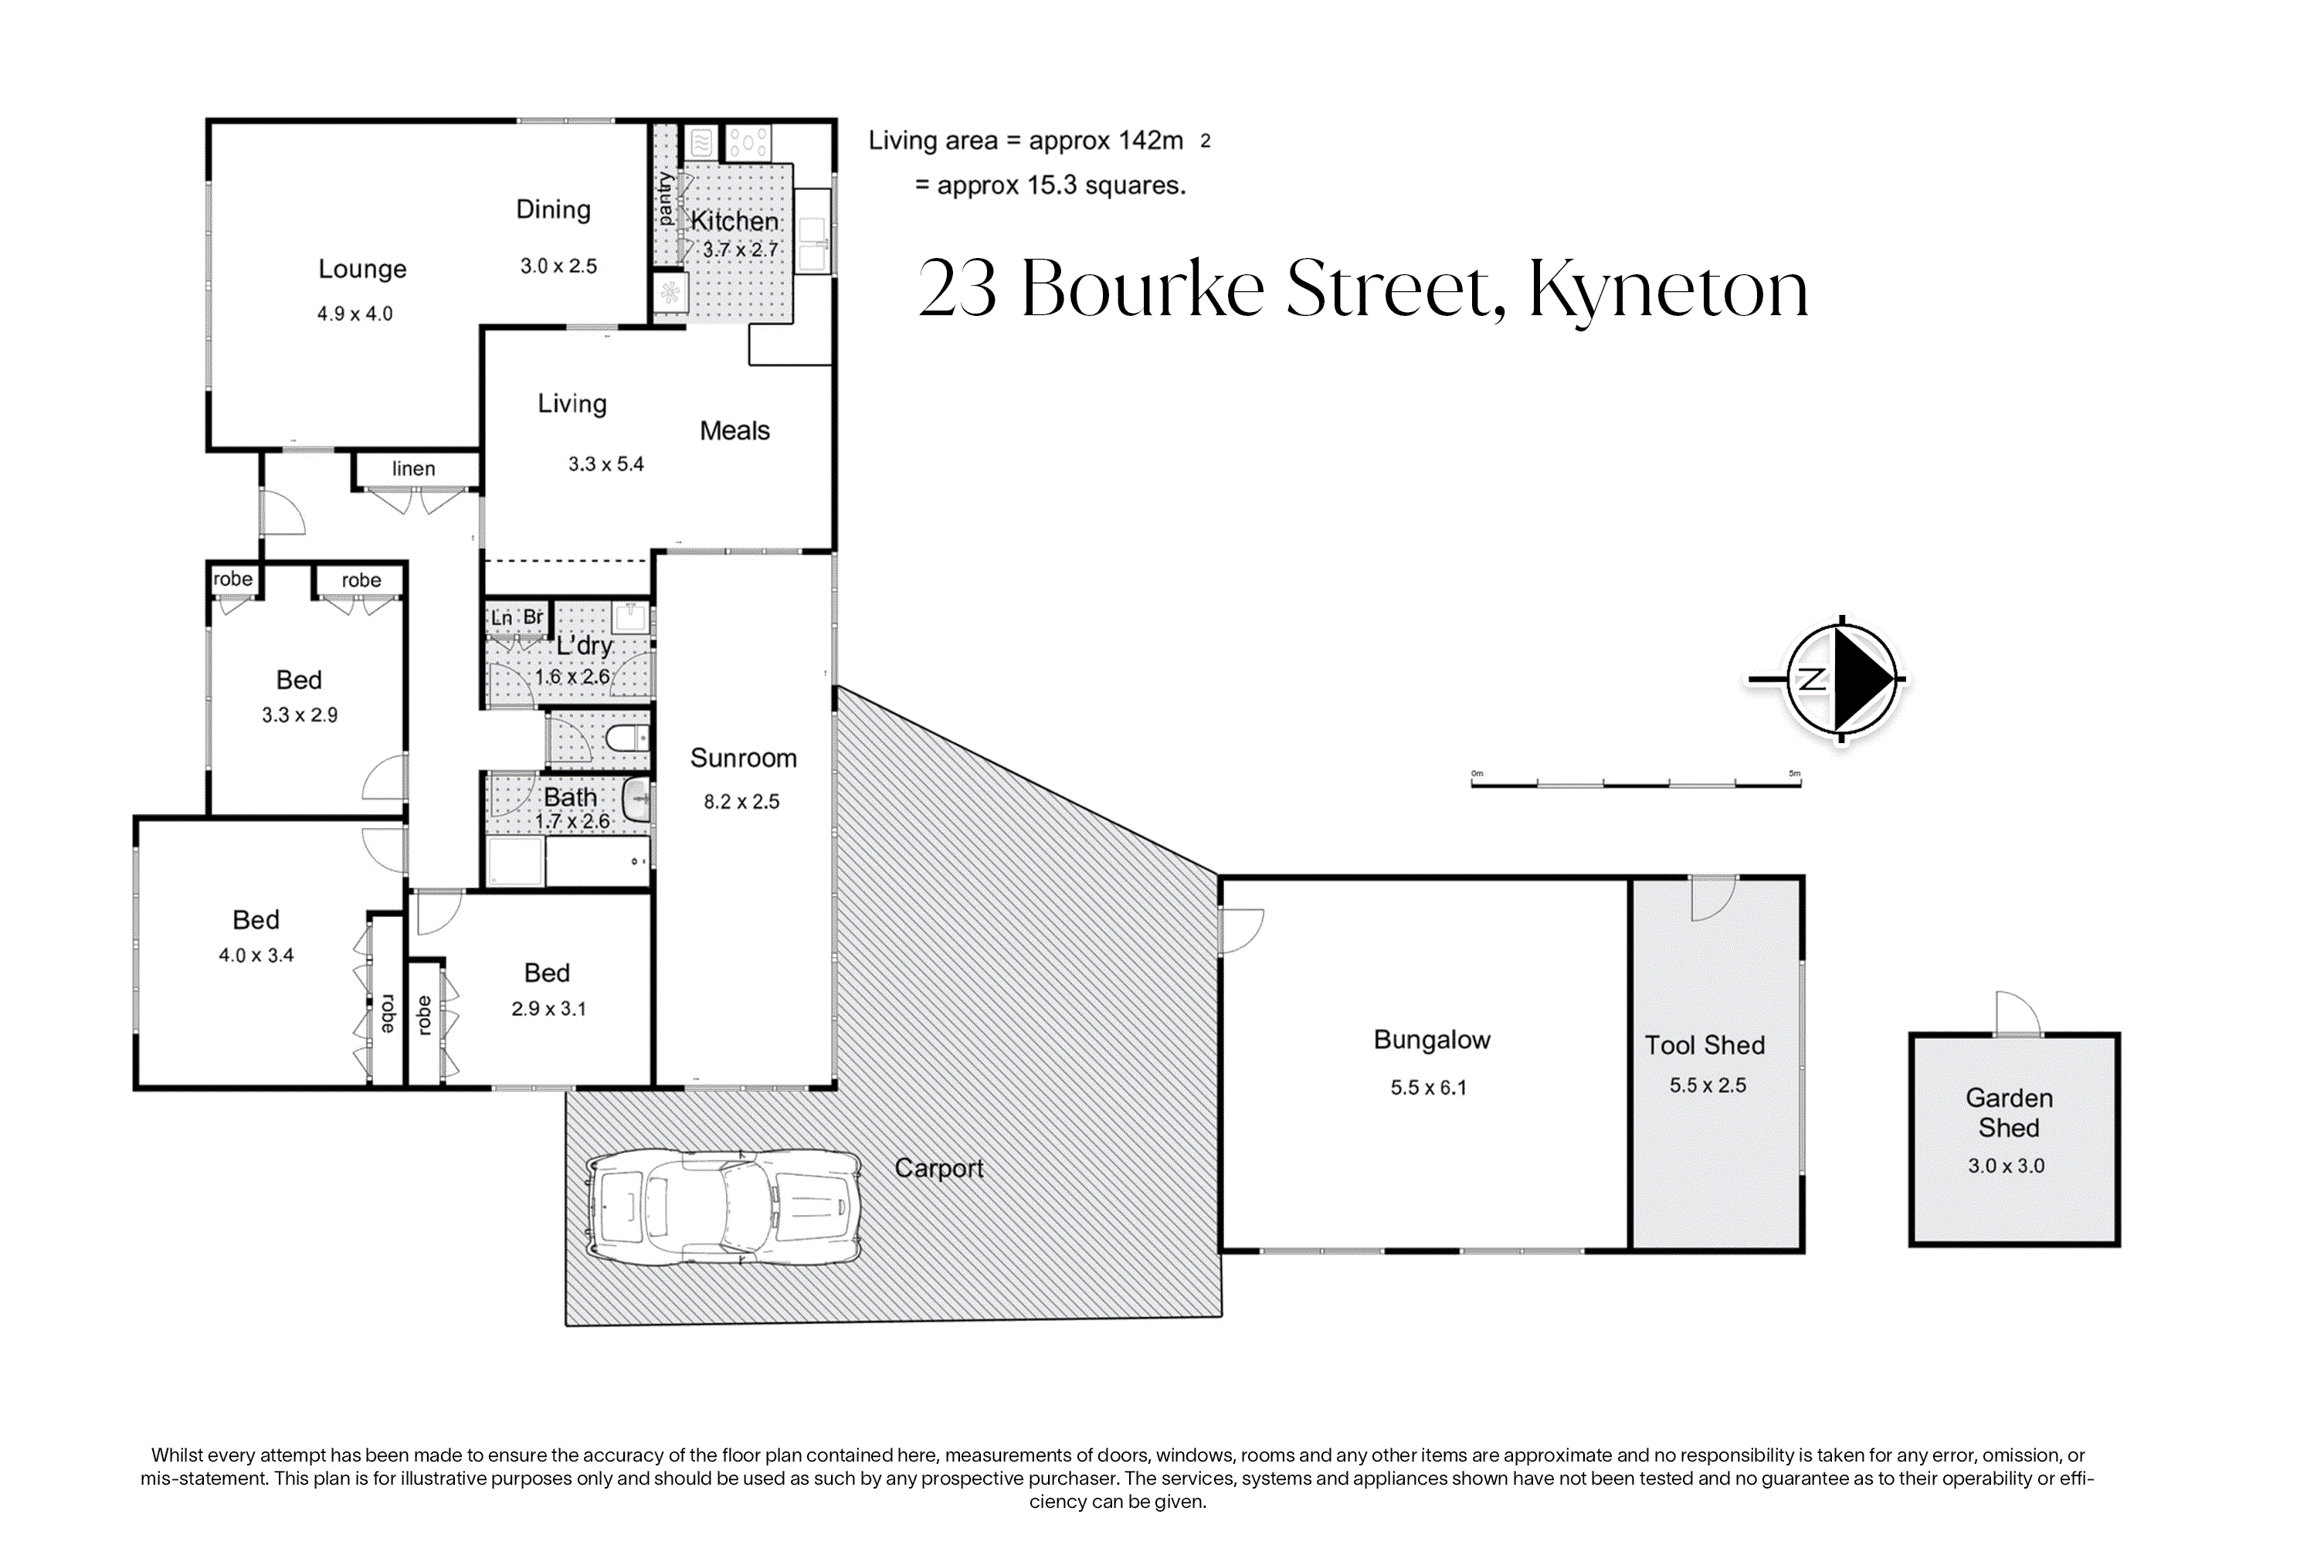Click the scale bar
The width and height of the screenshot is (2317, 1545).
coord(1637,783)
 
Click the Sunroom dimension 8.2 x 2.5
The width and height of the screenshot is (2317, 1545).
coord(741,801)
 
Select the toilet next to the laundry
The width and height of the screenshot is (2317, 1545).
coord(626,737)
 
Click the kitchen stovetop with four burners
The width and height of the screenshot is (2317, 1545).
coord(748,143)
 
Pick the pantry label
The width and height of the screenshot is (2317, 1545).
coord(666,200)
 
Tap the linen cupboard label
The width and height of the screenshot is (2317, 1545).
coord(414,469)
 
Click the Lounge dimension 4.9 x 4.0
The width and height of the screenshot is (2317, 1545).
coord(355,314)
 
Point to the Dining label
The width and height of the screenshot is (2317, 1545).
coord(554,210)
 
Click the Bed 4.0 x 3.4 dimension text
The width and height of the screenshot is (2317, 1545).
coord(256,955)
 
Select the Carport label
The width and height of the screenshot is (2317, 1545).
coord(939,1169)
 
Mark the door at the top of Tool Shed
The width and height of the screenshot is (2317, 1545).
coord(1714,898)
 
